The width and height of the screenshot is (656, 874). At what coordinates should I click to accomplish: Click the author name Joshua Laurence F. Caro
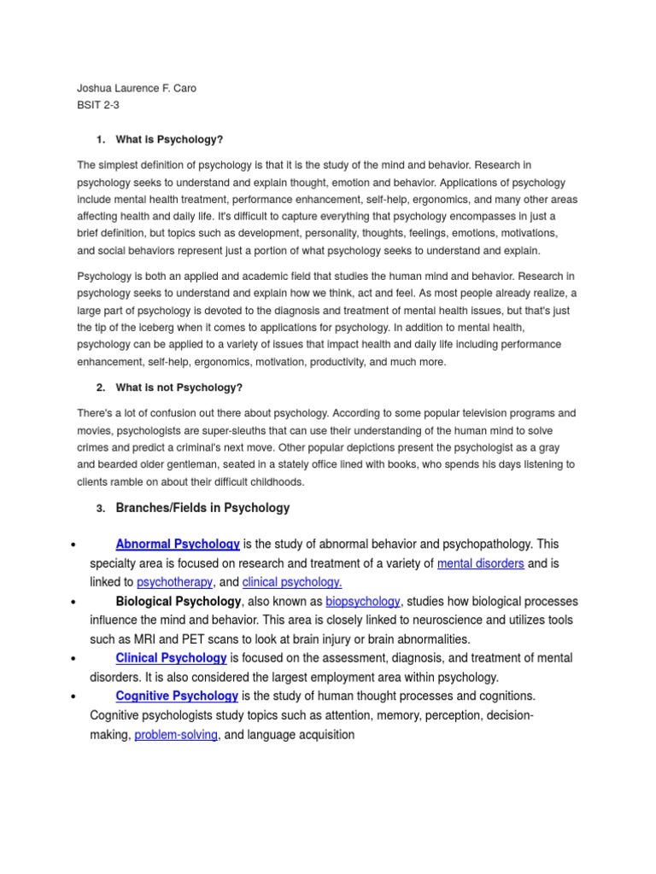pos(137,88)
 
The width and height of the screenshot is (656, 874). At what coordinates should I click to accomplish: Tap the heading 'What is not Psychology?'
pos(179,387)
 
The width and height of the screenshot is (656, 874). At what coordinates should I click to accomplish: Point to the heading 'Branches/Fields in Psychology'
pos(202,508)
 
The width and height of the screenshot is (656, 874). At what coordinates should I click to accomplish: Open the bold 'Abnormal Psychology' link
pos(178,544)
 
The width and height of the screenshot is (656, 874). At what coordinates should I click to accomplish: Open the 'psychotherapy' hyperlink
pos(174,582)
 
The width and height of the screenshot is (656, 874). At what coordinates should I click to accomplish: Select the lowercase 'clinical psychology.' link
pos(292,582)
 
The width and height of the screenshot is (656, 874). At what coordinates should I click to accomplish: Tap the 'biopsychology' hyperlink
pos(363,601)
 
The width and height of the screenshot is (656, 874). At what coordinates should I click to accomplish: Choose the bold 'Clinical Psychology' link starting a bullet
pos(171,658)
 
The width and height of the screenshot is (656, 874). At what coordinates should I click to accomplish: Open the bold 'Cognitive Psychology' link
pos(177,696)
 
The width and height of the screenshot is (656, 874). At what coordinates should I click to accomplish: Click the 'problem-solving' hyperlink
pos(176,734)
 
